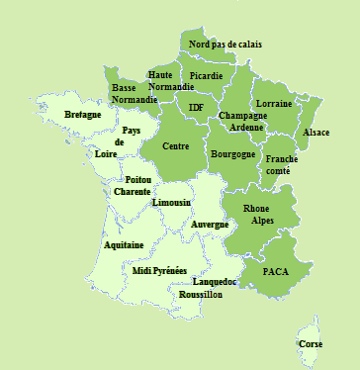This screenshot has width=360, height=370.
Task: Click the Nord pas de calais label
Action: click(x=225, y=45)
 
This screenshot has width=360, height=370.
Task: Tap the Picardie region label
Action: click(x=206, y=76)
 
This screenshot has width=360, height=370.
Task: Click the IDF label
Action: click(x=196, y=107)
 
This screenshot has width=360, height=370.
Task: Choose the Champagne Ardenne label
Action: click(x=240, y=121)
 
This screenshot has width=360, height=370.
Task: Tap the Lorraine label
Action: click(x=273, y=104)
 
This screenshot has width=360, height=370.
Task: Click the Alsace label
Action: click(x=315, y=133)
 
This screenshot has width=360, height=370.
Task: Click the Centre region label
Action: click(x=175, y=146)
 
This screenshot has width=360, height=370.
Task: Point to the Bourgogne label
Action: click(x=233, y=155)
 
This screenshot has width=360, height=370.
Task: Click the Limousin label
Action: click(x=171, y=203)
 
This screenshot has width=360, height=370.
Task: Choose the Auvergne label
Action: click(x=210, y=225)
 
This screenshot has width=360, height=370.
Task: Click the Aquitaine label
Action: click(x=124, y=244)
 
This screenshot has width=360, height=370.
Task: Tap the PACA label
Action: click(x=275, y=270)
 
